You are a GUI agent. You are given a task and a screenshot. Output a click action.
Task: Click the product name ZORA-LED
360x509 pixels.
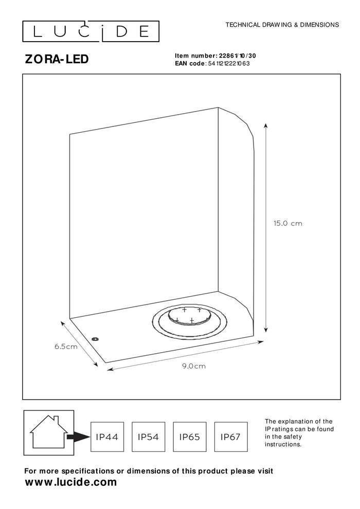[57, 59]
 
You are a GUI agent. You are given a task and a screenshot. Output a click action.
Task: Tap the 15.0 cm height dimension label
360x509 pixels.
[287, 224]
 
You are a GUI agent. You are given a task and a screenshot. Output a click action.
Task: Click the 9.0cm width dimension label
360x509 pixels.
[194, 366]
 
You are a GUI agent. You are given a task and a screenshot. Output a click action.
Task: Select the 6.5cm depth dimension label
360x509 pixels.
[66, 347]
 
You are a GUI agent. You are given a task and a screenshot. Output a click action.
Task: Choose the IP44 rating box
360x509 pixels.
[107, 437]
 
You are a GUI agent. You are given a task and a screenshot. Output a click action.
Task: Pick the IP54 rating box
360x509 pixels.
[149, 437]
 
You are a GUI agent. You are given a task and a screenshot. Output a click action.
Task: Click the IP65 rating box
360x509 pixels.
[189, 437]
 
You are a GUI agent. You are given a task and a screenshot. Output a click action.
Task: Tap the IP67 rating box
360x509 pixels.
[230, 437]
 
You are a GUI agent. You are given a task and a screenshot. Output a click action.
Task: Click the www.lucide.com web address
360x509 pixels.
[71, 482]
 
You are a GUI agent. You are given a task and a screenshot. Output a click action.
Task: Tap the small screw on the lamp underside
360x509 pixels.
[95, 338]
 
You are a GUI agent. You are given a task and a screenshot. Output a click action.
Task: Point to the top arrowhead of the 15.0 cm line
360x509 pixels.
[266, 125]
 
